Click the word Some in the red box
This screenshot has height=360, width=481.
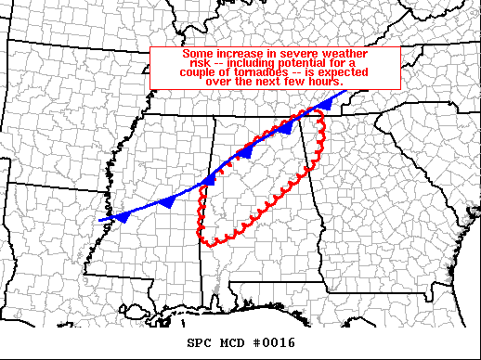pos(195,55)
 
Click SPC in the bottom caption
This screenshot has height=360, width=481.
pos(199,342)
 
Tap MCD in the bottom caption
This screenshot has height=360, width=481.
pos(229,342)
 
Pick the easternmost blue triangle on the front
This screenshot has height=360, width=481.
pos(324,106)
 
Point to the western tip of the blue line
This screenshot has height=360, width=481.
pos(100,220)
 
